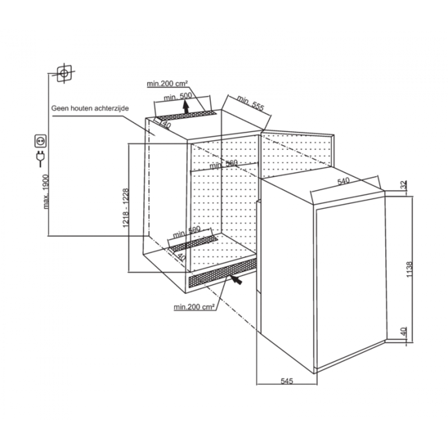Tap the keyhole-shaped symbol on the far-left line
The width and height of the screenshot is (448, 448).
pyautogui.click(x=40, y=157)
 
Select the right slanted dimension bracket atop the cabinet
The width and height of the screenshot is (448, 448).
pyautogui.click(x=246, y=108)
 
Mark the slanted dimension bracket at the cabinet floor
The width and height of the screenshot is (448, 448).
pyautogui.click(x=187, y=239)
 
